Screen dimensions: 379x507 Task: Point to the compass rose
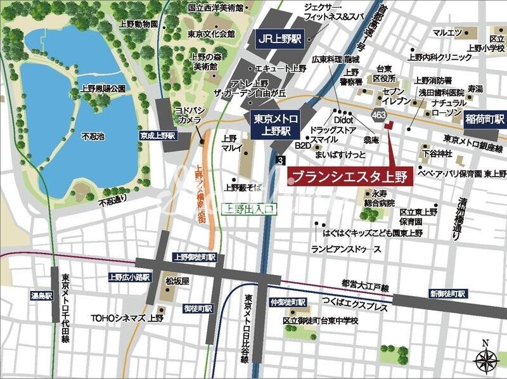(x=485, y=359)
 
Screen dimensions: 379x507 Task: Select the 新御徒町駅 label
(x=447, y=294)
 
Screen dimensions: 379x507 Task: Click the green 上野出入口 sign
(x=248, y=208)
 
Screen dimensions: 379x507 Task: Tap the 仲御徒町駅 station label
(x=288, y=302)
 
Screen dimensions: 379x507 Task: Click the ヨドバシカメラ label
(x=189, y=114)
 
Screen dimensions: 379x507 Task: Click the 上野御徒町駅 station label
(x=195, y=257)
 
